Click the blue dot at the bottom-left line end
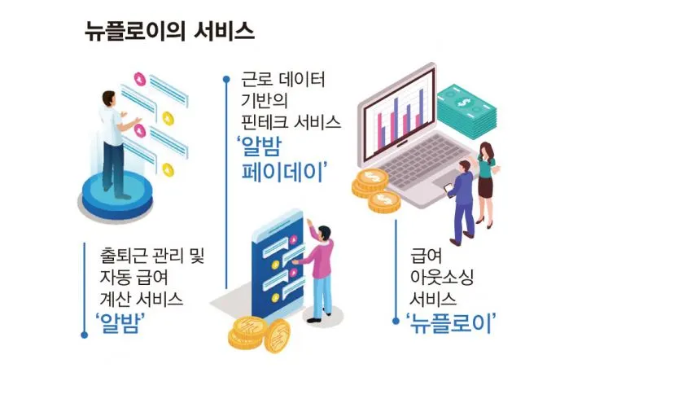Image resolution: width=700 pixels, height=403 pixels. [x=84, y=335]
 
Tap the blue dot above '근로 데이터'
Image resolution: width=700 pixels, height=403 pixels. [x=225, y=79]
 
